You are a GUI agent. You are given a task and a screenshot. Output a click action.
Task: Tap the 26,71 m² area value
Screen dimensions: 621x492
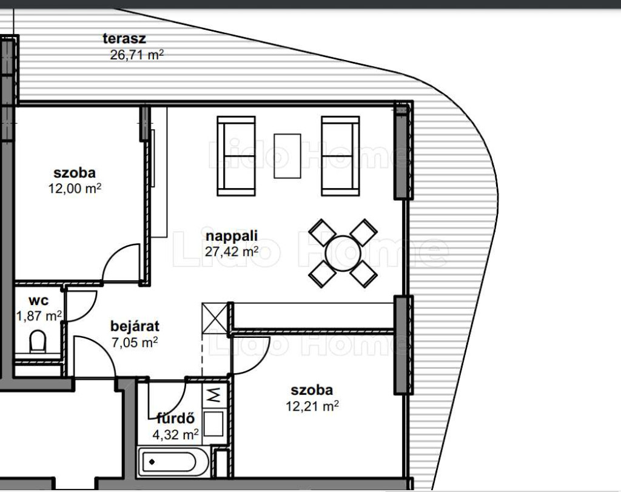click(x=136, y=55)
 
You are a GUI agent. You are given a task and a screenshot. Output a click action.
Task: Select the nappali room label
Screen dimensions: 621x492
click(x=232, y=236)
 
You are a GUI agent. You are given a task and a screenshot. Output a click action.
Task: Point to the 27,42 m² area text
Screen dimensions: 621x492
click(x=232, y=251)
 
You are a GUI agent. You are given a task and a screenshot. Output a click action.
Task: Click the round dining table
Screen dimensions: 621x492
click(x=343, y=254)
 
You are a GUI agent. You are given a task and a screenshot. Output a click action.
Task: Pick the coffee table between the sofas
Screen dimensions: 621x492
click(x=287, y=156)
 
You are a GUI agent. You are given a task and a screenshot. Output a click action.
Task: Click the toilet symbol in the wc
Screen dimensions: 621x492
click(x=38, y=342)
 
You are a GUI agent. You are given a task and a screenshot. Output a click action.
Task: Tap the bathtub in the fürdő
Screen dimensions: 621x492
click(x=173, y=462)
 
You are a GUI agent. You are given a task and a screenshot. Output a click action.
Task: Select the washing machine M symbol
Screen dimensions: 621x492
click(x=214, y=395)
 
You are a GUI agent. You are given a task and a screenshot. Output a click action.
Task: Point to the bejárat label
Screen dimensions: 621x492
click(x=135, y=326)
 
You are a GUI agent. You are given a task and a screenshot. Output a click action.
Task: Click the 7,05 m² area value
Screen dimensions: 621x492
click(x=135, y=342)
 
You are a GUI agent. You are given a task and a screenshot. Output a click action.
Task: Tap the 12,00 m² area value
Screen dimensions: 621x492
click(x=75, y=188)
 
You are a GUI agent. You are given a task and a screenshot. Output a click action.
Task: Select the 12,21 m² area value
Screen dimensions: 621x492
click(x=312, y=406)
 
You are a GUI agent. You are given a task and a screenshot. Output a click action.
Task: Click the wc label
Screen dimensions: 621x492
click(x=39, y=301)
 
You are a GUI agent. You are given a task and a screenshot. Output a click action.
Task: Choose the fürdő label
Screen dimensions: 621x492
click(x=176, y=419)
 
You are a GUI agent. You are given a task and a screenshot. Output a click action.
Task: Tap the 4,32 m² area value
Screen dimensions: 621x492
click(x=175, y=435)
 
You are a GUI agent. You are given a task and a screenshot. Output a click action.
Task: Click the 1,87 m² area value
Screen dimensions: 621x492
click(x=39, y=316)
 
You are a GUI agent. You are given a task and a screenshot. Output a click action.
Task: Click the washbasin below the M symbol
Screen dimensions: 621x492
click(x=214, y=424)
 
